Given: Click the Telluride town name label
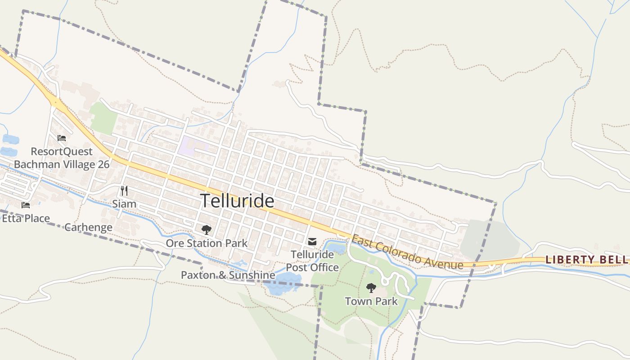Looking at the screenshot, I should pos(237,201).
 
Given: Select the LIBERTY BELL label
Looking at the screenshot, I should pos(586,260).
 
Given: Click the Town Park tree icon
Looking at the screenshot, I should pos(371,288).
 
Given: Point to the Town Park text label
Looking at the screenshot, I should pos(371,301).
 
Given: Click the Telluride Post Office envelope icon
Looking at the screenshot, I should pos(312,242).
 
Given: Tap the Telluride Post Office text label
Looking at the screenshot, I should pos(312,261).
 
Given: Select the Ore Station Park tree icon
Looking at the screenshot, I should pos(207,230).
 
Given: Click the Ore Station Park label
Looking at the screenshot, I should pos(207,243).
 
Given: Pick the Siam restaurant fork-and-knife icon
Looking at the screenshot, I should pos(124,191).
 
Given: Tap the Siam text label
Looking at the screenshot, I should pos(124,204).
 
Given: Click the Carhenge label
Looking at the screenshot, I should pos(88,227).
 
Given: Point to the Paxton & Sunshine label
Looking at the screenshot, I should pos(228,275).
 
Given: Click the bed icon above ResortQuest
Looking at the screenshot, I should pos(62,138).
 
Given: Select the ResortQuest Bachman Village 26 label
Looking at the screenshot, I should pos(62,158).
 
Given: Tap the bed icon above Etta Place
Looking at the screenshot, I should pos(26,205).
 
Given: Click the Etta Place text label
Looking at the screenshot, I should pos(26,219).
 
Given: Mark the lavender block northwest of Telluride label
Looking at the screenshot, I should pos(192,146).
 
